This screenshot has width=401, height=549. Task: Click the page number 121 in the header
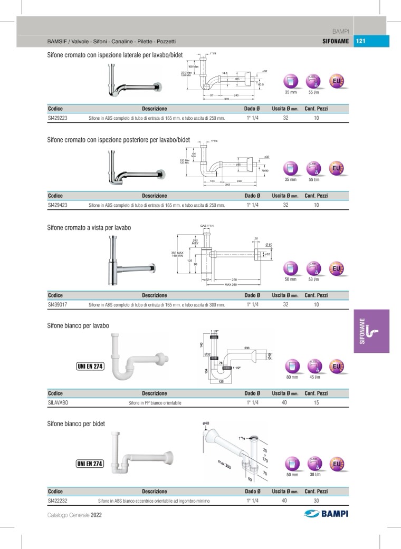[361, 42]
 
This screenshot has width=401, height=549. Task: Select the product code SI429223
[57, 118]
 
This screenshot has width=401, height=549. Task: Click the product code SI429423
[57, 205]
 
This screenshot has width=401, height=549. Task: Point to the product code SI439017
[57, 304]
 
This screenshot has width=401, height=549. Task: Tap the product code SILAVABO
[58, 402]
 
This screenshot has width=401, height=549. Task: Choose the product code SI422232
[57, 500]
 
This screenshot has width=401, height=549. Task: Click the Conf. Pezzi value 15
[316, 402]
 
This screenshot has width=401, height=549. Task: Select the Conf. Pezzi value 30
[316, 500]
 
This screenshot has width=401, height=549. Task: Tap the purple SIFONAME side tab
[371, 331]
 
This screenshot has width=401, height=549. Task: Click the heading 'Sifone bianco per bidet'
[76, 423]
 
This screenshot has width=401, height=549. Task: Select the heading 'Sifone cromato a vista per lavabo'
[89, 228]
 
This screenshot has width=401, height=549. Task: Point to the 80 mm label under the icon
[292, 377]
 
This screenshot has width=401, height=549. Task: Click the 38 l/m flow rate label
[314, 475]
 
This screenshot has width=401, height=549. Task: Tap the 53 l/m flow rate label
[313, 279]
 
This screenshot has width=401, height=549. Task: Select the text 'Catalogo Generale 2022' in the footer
[74, 515]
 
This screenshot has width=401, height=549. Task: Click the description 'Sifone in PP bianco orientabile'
[155, 402]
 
